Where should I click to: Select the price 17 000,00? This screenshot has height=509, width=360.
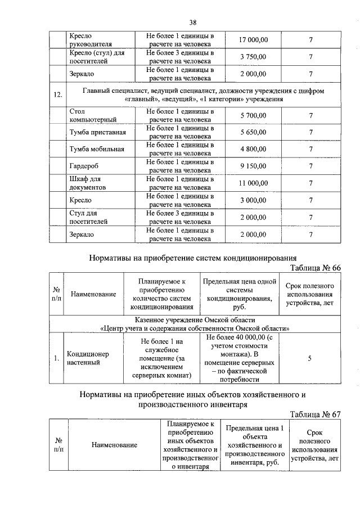253,40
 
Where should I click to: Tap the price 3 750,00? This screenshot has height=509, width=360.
253,57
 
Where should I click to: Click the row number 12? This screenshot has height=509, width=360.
57,94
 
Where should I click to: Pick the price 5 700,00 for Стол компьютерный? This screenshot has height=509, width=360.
253,115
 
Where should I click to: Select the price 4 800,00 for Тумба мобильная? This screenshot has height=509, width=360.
253,149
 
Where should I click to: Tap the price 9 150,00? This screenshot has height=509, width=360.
253,166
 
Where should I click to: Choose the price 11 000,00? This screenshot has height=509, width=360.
253,183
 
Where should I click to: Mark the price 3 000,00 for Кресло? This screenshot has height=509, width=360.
253,200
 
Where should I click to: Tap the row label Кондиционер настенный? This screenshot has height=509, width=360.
88,358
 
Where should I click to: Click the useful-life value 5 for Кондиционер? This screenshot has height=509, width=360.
310,358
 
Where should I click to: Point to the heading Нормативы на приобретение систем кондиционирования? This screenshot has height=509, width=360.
192,258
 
